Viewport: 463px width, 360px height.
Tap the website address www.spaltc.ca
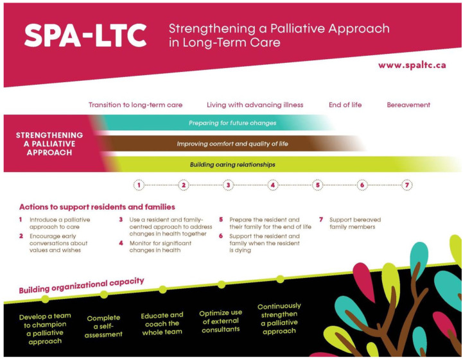click(412, 65)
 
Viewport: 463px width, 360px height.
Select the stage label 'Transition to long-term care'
click(135, 105)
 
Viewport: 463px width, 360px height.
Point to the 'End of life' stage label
click(345, 105)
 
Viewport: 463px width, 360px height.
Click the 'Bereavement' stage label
click(408, 105)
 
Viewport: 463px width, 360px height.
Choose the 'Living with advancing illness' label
click(255, 105)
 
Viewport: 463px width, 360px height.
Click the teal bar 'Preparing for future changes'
click(232, 123)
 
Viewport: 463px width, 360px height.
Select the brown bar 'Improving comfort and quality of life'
click(232, 144)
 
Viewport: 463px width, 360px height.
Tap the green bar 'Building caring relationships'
click(232, 164)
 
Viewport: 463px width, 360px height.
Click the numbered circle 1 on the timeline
click(138, 185)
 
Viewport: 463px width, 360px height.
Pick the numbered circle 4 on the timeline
click(272, 185)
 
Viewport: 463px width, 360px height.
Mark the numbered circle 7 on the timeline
click(406, 185)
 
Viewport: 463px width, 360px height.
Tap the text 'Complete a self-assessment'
click(104, 325)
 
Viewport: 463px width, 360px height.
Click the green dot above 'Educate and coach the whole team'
click(162, 289)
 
